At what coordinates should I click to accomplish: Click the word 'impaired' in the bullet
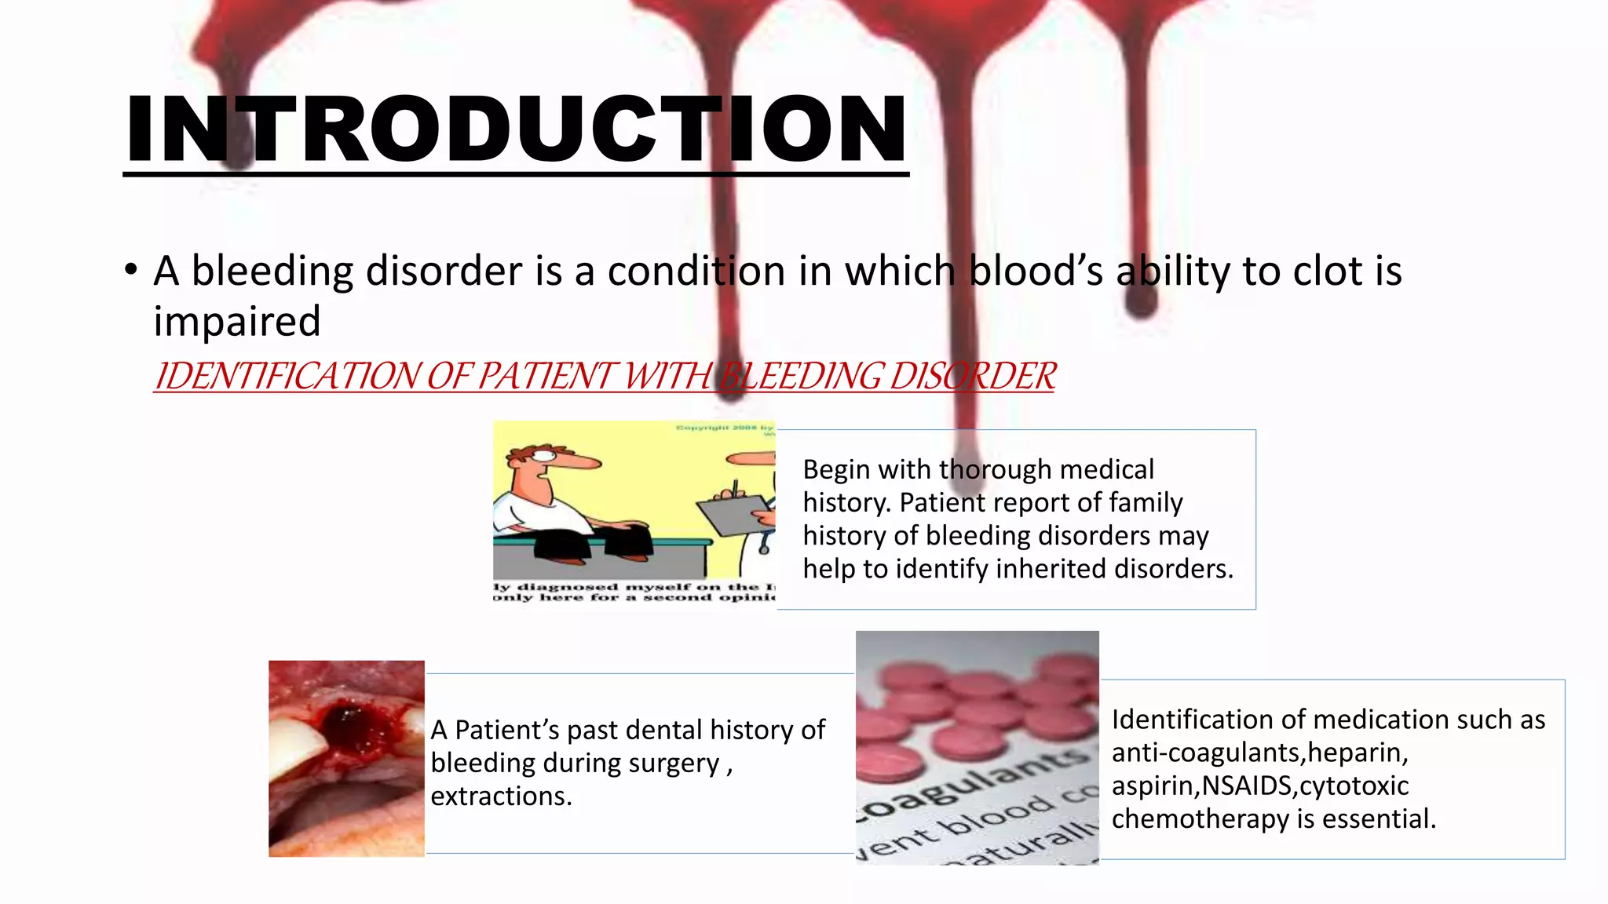[x=237, y=321]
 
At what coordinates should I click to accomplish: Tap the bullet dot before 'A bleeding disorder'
[x=131, y=271]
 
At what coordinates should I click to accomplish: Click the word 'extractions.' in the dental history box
[x=501, y=796]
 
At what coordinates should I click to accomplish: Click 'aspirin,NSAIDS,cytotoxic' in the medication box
[x=1259, y=786]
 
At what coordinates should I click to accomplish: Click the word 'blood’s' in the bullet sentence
[x=1036, y=271]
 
